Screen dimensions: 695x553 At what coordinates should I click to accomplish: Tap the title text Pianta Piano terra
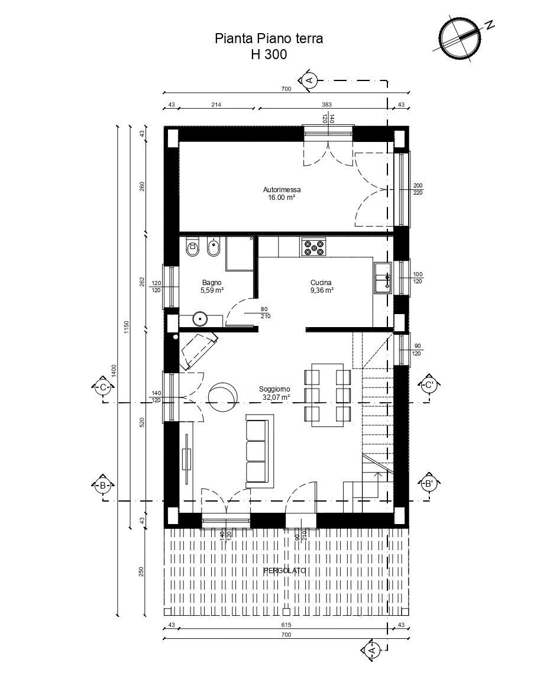tap(269, 39)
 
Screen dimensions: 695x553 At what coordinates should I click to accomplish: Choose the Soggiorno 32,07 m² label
tap(274, 393)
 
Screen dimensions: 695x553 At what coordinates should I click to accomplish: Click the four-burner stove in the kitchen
tap(313, 247)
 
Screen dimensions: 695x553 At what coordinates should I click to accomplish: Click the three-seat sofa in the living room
tap(258, 451)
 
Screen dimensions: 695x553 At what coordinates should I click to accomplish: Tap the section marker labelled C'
tap(428, 386)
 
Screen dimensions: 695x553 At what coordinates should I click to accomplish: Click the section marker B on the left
tap(103, 484)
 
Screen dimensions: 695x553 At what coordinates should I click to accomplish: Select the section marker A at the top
tap(309, 79)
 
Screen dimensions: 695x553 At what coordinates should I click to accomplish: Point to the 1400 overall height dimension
tap(114, 370)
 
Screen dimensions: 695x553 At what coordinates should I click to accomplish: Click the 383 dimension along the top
tap(326, 105)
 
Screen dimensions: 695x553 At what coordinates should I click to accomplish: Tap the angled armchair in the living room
tap(198, 349)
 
